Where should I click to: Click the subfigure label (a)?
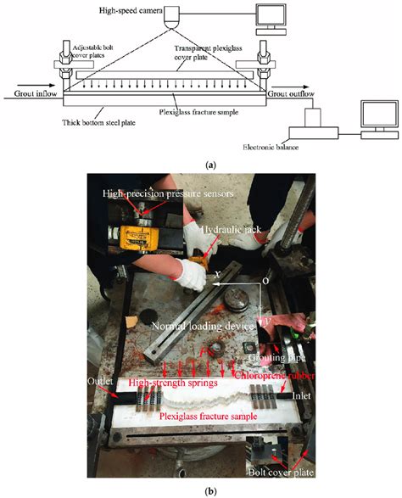(x=199, y=166)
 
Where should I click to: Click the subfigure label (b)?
(x=199, y=490)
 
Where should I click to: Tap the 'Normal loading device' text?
(x=193, y=326)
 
